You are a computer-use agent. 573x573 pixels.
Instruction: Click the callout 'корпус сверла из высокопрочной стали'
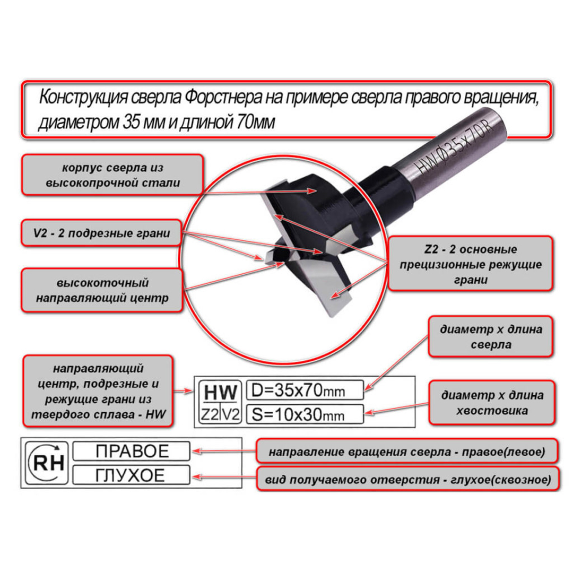pos(112,175)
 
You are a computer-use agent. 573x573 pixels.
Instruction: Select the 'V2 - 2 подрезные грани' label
pos(101,233)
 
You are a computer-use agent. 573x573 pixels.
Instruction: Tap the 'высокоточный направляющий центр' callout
pos(102,290)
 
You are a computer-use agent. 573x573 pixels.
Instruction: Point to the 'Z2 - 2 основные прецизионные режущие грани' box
pos(470,264)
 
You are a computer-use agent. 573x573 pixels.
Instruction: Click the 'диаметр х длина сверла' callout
pos(490,336)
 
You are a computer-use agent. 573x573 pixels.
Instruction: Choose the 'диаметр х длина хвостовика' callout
pos(492,402)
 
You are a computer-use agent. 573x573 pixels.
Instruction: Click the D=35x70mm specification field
pos(305,390)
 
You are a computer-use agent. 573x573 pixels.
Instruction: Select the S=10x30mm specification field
pos(305,414)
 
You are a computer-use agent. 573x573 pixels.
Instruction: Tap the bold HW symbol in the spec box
pos(220,393)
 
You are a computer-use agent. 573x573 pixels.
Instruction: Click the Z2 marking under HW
pos(210,414)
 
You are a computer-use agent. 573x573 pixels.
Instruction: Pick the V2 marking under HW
pos(231,414)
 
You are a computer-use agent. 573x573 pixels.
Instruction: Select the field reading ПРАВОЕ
pos(132,451)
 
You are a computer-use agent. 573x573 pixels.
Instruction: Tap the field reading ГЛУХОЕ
pos(132,475)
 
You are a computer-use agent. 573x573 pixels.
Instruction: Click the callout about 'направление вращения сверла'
pos(407,452)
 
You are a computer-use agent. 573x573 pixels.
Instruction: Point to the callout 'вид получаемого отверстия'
pos(408,479)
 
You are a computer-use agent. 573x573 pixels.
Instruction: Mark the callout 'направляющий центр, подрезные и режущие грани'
pos(98,391)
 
